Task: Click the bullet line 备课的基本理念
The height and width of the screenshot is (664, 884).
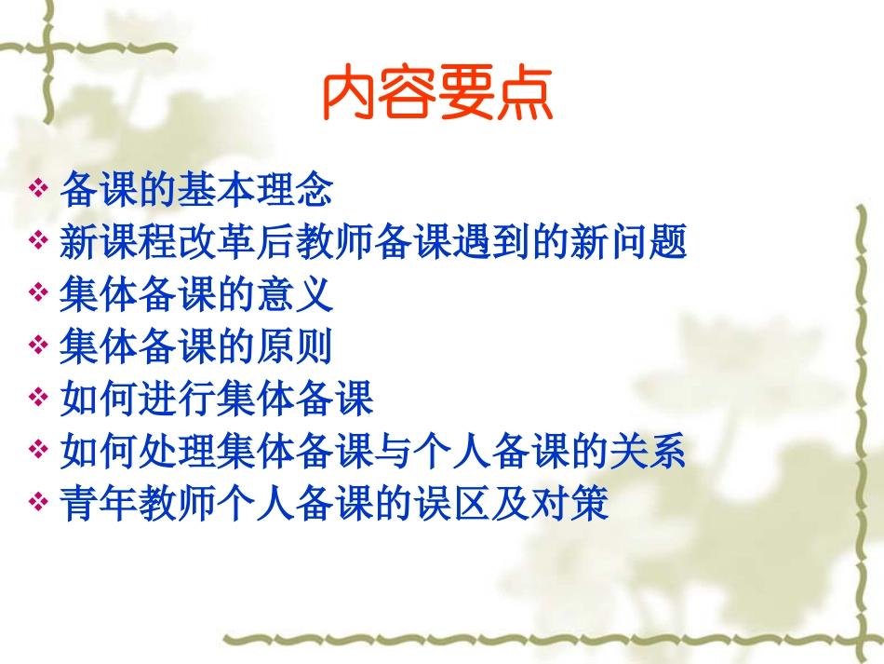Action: pyautogui.click(x=195, y=190)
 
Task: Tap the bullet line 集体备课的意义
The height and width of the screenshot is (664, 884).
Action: pyautogui.click(x=195, y=295)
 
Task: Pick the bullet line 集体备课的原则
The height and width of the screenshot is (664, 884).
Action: pyautogui.click(x=195, y=347)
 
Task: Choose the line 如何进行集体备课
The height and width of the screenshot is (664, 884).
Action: pyautogui.click(x=216, y=400)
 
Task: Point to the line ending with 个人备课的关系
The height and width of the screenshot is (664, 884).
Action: pyautogui.click(x=373, y=452)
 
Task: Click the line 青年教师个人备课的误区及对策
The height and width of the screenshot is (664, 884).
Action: pyautogui.click(x=334, y=504)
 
